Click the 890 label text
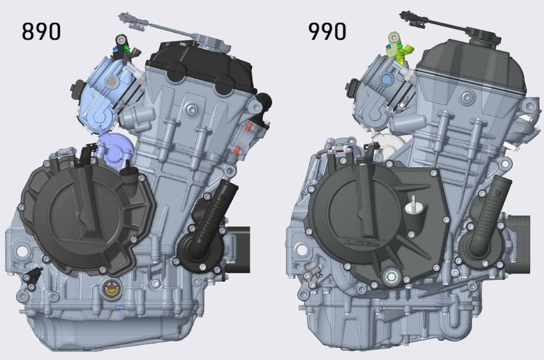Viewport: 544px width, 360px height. tap(41, 31)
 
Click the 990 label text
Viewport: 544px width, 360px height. tap(327, 31)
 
